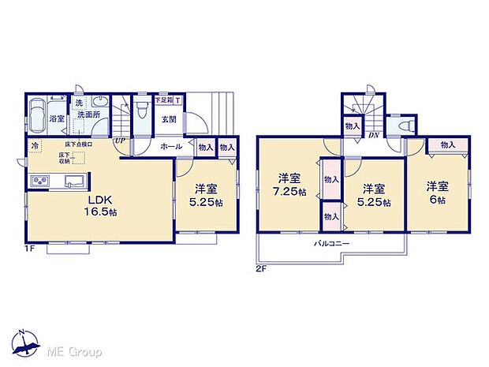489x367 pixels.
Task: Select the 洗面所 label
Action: coord(88,115)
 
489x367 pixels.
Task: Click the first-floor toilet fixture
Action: coord(142,108)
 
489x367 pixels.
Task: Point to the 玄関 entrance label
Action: coord(169,119)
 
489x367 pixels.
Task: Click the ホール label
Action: coord(172,146)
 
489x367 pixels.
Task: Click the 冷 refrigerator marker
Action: coord(35,145)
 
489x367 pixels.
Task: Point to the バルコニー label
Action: coord(334,245)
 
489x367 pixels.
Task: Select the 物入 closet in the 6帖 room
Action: coord(447,145)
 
